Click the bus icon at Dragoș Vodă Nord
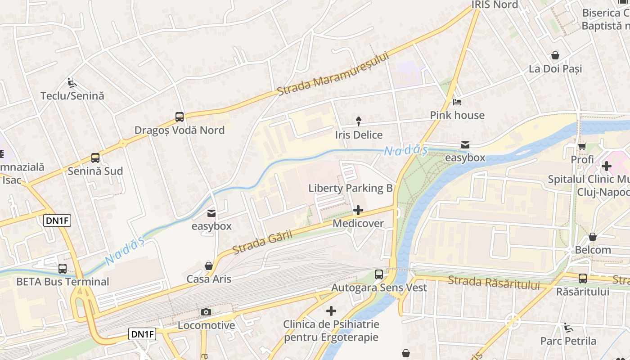pos(180,117)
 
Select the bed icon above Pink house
pos(457,102)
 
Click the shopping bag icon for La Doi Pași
pos(555,55)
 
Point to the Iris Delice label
pos(359,135)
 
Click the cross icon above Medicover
pos(358,210)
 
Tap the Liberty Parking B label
pos(351,188)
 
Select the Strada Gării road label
pos(262,242)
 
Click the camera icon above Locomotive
pos(206,312)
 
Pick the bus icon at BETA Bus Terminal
pos(63,269)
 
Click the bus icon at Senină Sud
pos(95,158)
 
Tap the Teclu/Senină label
pos(72,96)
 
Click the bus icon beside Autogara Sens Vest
pos(379,274)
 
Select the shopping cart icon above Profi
pos(582,146)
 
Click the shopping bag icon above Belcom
pos(593,237)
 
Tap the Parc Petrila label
pos(568,341)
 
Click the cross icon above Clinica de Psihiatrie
pos(331,311)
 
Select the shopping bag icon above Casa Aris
pos(209,265)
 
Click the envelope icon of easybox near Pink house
pos(465,145)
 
